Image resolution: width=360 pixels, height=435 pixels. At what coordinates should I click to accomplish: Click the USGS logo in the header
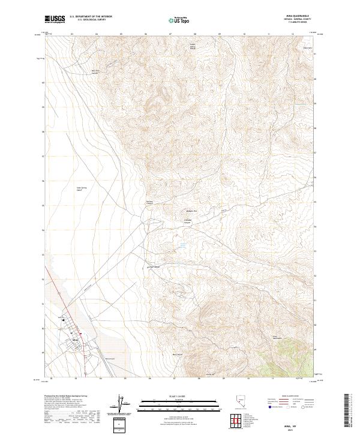(55, 19)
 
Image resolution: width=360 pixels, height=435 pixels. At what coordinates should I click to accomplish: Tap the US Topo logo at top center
(173, 20)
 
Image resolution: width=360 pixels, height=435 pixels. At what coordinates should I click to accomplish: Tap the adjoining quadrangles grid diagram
(232, 421)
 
